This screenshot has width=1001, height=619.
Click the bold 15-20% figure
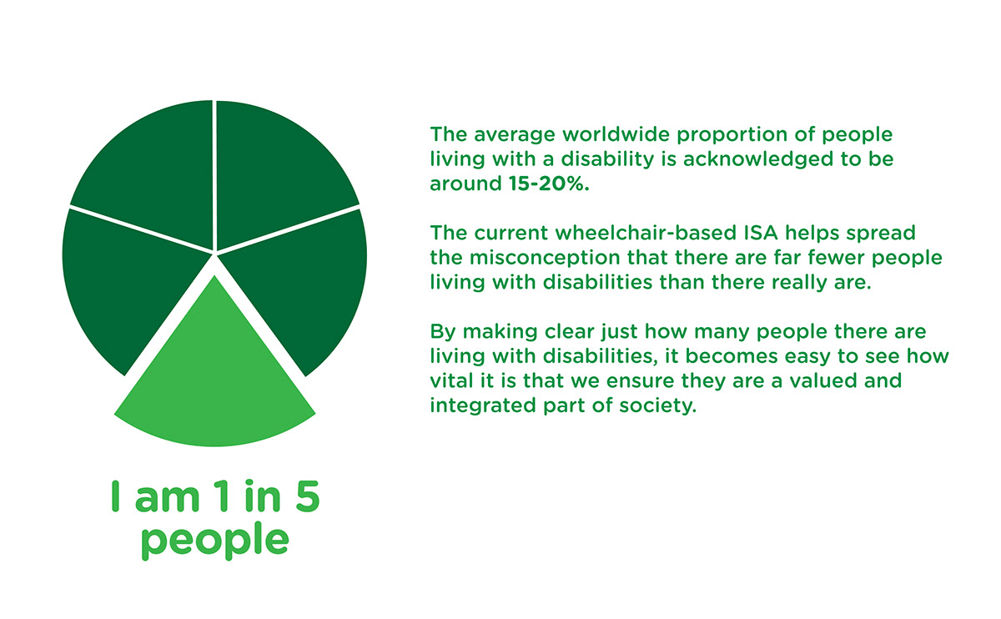549,184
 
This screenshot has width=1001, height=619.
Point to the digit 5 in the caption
308,496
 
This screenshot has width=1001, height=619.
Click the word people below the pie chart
215,541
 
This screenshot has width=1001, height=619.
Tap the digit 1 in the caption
224,496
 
